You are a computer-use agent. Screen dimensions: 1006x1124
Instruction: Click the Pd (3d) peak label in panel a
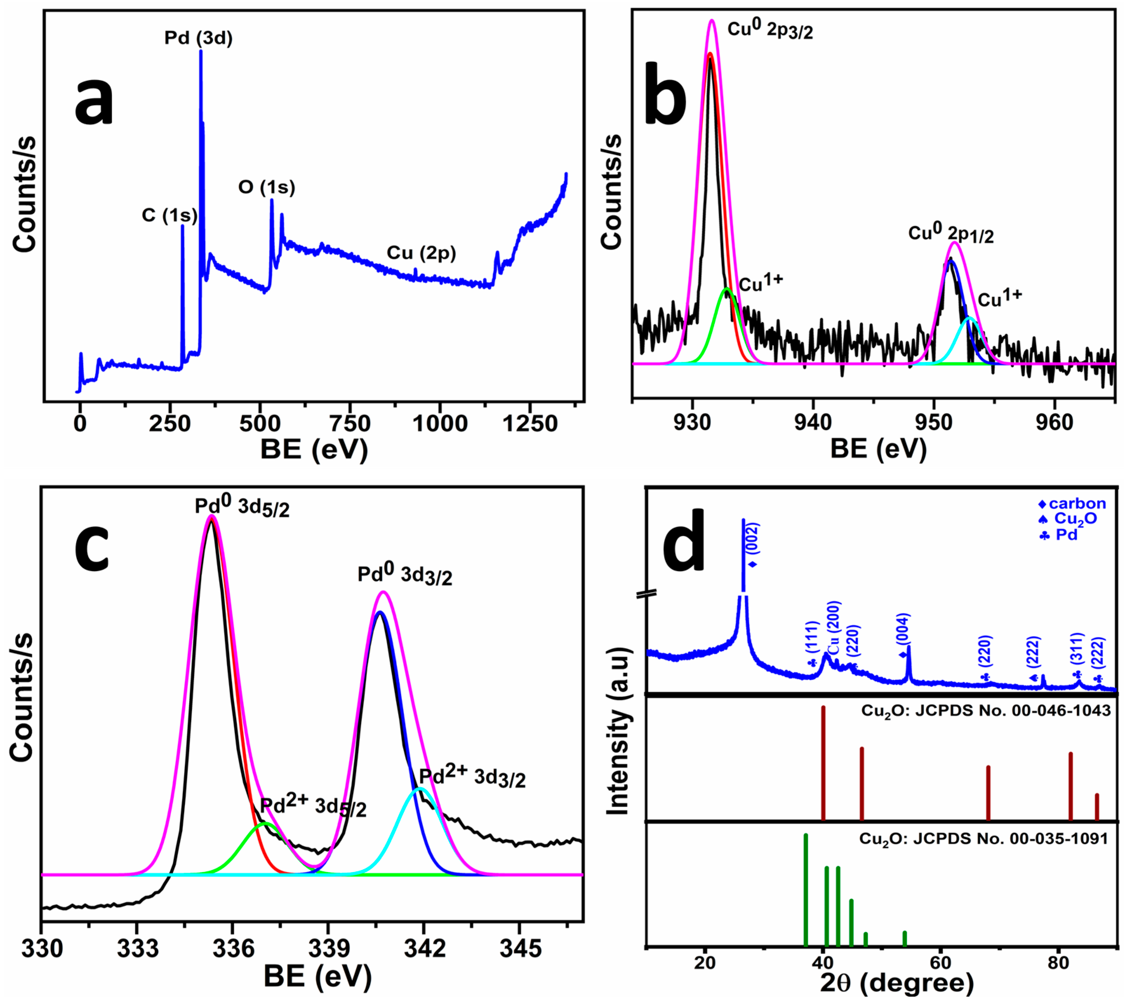coord(199,38)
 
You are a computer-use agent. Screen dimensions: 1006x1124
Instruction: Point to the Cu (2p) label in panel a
coord(421,253)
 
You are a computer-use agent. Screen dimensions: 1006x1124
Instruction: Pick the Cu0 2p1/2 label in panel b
coord(951,234)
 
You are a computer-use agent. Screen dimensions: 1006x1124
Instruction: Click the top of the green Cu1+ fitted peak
coord(727,289)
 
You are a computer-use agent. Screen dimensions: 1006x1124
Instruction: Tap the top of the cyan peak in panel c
coord(420,789)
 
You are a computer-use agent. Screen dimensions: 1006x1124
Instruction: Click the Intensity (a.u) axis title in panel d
coord(617,730)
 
